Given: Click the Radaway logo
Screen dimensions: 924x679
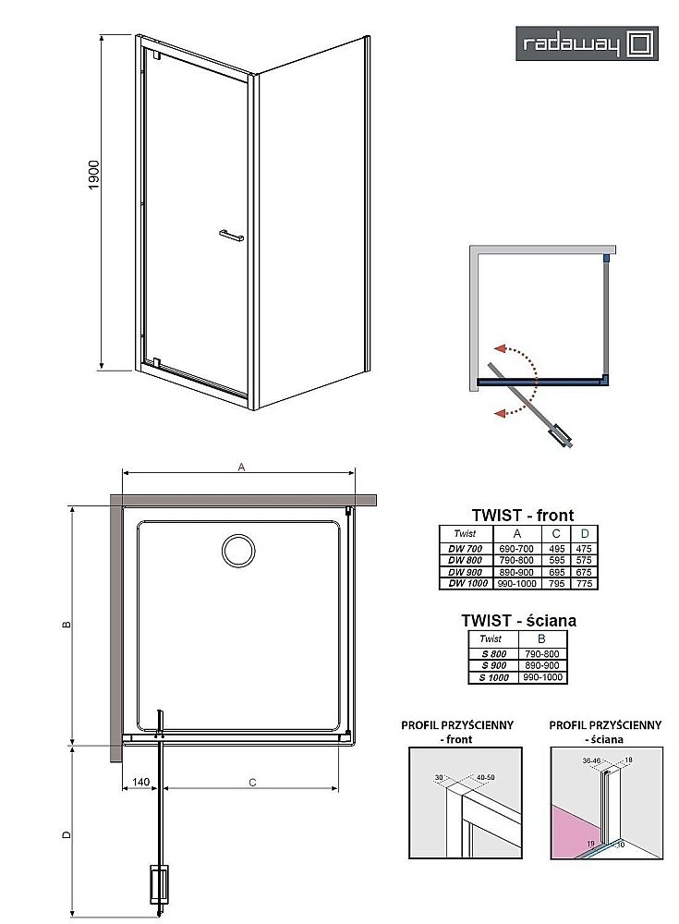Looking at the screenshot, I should (x=588, y=43).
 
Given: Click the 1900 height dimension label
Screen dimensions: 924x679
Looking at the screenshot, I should (x=94, y=176).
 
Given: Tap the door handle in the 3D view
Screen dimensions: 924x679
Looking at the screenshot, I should (x=230, y=237).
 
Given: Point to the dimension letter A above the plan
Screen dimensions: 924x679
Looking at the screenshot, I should (x=241, y=468).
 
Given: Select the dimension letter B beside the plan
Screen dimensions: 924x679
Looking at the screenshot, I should (x=65, y=626).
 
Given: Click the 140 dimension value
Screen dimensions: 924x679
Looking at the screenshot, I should (x=141, y=782).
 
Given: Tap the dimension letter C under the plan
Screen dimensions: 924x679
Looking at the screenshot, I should (x=251, y=782).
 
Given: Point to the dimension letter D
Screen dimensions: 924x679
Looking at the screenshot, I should (x=65, y=834).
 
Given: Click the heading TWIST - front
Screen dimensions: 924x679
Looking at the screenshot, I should (x=522, y=516).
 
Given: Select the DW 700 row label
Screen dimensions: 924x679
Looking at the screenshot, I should (x=465, y=549).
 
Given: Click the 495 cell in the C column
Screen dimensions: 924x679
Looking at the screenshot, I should (x=556, y=549).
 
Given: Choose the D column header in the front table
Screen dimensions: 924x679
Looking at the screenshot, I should (x=583, y=533).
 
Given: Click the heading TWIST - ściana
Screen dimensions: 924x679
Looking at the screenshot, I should (x=518, y=621).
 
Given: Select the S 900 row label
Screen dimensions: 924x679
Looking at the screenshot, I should (x=491, y=666).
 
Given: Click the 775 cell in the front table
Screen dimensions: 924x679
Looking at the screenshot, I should (x=583, y=583).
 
